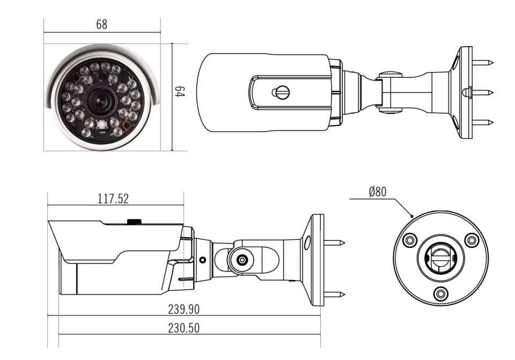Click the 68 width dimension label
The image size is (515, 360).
[x=102, y=24]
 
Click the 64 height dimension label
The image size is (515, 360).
[x=180, y=92]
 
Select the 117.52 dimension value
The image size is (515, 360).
[x=113, y=199]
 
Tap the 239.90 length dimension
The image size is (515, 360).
[x=183, y=309]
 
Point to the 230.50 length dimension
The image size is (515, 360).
[x=183, y=328]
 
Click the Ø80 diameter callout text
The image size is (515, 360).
[x=378, y=192]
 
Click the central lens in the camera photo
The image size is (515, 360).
[x=100, y=100]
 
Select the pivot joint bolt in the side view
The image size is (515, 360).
[x=242, y=260]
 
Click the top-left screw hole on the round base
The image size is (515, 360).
[x=410, y=240]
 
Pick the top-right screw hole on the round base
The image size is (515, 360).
[x=472, y=240]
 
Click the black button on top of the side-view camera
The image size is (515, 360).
[x=134, y=221]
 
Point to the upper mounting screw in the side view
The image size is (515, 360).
[x=334, y=243]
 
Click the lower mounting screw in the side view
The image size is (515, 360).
[x=334, y=295]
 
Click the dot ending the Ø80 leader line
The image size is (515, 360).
[x=413, y=216]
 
